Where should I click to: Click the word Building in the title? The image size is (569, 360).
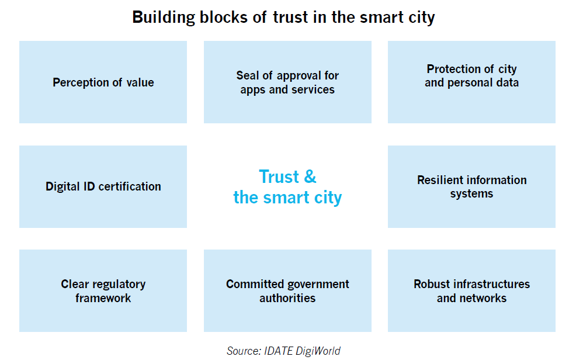(x=164, y=18)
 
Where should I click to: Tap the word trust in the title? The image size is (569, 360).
(x=290, y=17)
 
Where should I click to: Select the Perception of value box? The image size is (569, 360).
(x=103, y=82)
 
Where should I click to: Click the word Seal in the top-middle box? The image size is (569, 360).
(x=248, y=75)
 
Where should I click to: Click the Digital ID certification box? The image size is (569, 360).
(x=103, y=186)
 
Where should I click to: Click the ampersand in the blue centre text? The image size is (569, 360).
(x=310, y=176)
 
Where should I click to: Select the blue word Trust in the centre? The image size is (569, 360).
(x=279, y=176)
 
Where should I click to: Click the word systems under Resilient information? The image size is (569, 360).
(x=472, y=194)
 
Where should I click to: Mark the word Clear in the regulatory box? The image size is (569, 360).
(x=75, y=284)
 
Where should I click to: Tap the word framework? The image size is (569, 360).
(x=103, y=298)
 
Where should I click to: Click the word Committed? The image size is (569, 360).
(x=255, y=284)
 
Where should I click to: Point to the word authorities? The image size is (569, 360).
(x=287, y=298)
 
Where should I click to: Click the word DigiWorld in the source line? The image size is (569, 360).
(x=318, y=351)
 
